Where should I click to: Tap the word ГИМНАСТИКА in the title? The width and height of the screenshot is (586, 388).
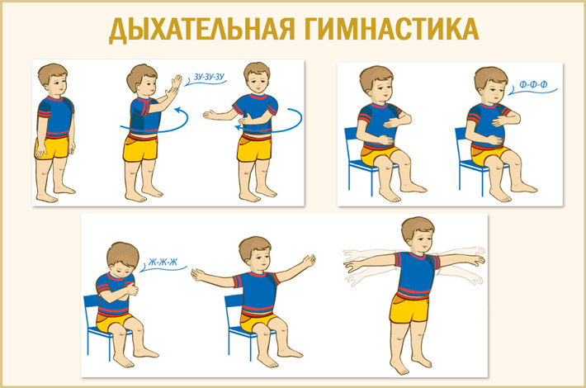pyautogui.click(x=392, y=28)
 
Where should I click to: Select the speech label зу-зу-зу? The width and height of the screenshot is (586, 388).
pyautogui.click(x=210, y=77)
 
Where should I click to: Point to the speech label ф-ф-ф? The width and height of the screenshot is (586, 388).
pyautogui.click(x=533, y=85)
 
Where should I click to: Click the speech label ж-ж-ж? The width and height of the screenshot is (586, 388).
pyautogui.click(x=163, y=263)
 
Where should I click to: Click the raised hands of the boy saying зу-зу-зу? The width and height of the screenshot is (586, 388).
pyautogui.click(x=174, y=87)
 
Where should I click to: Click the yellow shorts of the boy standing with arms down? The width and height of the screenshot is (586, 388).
pyautogui.click(x=53, y=148)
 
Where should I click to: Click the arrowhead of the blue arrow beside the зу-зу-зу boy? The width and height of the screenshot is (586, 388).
pyautogui.click(x=178, y=111)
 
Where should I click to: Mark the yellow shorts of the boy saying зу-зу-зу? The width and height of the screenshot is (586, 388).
pyautogui.click(x=141, y=149)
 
